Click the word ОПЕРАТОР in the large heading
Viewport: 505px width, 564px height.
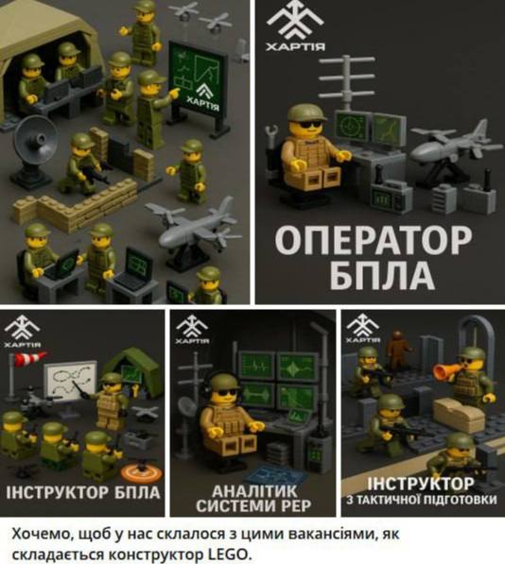pos(373,241)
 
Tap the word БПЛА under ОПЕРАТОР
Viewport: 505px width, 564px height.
pos(381,275)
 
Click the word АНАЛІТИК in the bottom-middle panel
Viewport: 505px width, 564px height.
pos(254,490)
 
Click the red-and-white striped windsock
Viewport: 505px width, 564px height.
pos(31,358)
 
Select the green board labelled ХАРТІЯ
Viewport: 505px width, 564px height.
pos(198,81)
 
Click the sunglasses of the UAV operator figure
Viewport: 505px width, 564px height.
pos(310,125)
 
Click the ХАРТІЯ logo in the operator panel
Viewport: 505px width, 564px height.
pos(295,26)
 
